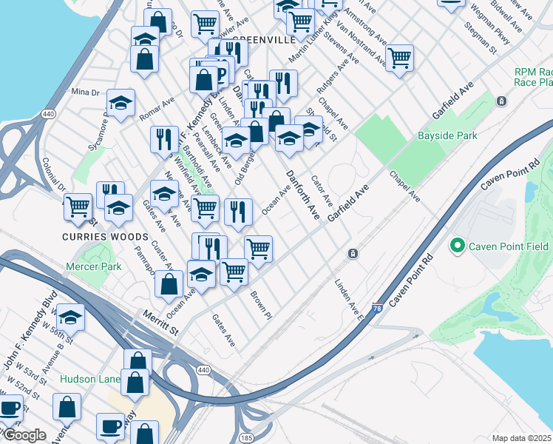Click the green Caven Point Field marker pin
coord(457,245)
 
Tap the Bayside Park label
coord(447,135)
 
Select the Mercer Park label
coord(93,266)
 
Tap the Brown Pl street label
coord(261,305)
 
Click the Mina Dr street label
coord(85,92)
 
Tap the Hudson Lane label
coord(89,378)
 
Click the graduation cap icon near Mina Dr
coord(121,104)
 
